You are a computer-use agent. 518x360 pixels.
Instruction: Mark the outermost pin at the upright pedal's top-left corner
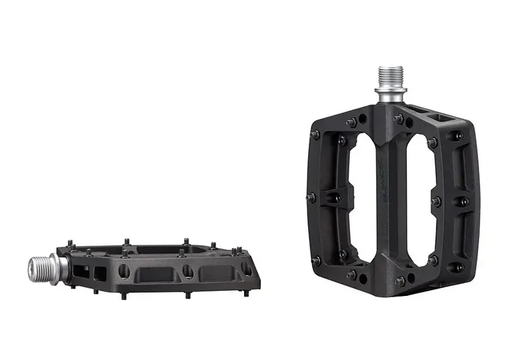[315, 135]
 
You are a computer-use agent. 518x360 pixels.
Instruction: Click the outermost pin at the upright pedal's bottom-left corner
[315, 260]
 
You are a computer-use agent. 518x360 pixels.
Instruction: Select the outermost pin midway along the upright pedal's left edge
[311, 198]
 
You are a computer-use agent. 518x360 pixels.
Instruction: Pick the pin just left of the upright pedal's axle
[350, 122]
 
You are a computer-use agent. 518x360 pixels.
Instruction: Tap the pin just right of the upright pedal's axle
[400, 119]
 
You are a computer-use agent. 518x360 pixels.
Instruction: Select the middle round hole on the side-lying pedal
[187, 269]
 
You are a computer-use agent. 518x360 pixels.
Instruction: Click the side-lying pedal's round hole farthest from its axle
[246, 267]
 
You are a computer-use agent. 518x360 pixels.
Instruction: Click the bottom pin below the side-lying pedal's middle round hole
[188, 295]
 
